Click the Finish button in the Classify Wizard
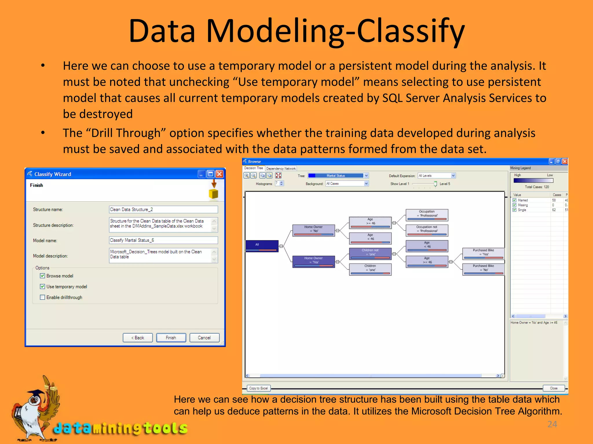[171, 338]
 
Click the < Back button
[138, 338]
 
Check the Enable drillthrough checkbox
[43, 297]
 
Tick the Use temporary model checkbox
[43, 286]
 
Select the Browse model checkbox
[43, 276]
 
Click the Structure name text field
[163, 209]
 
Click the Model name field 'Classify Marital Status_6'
[163, 240]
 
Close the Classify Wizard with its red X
[219, 174]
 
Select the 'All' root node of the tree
[261, 246]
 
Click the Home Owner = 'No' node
[313, 230]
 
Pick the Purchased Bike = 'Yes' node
[483, 254]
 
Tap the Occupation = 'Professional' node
[427, 215]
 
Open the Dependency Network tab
[281, 169]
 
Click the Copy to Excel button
[258, 388]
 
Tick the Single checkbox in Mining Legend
[515, 210]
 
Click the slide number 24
[552, 424]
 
